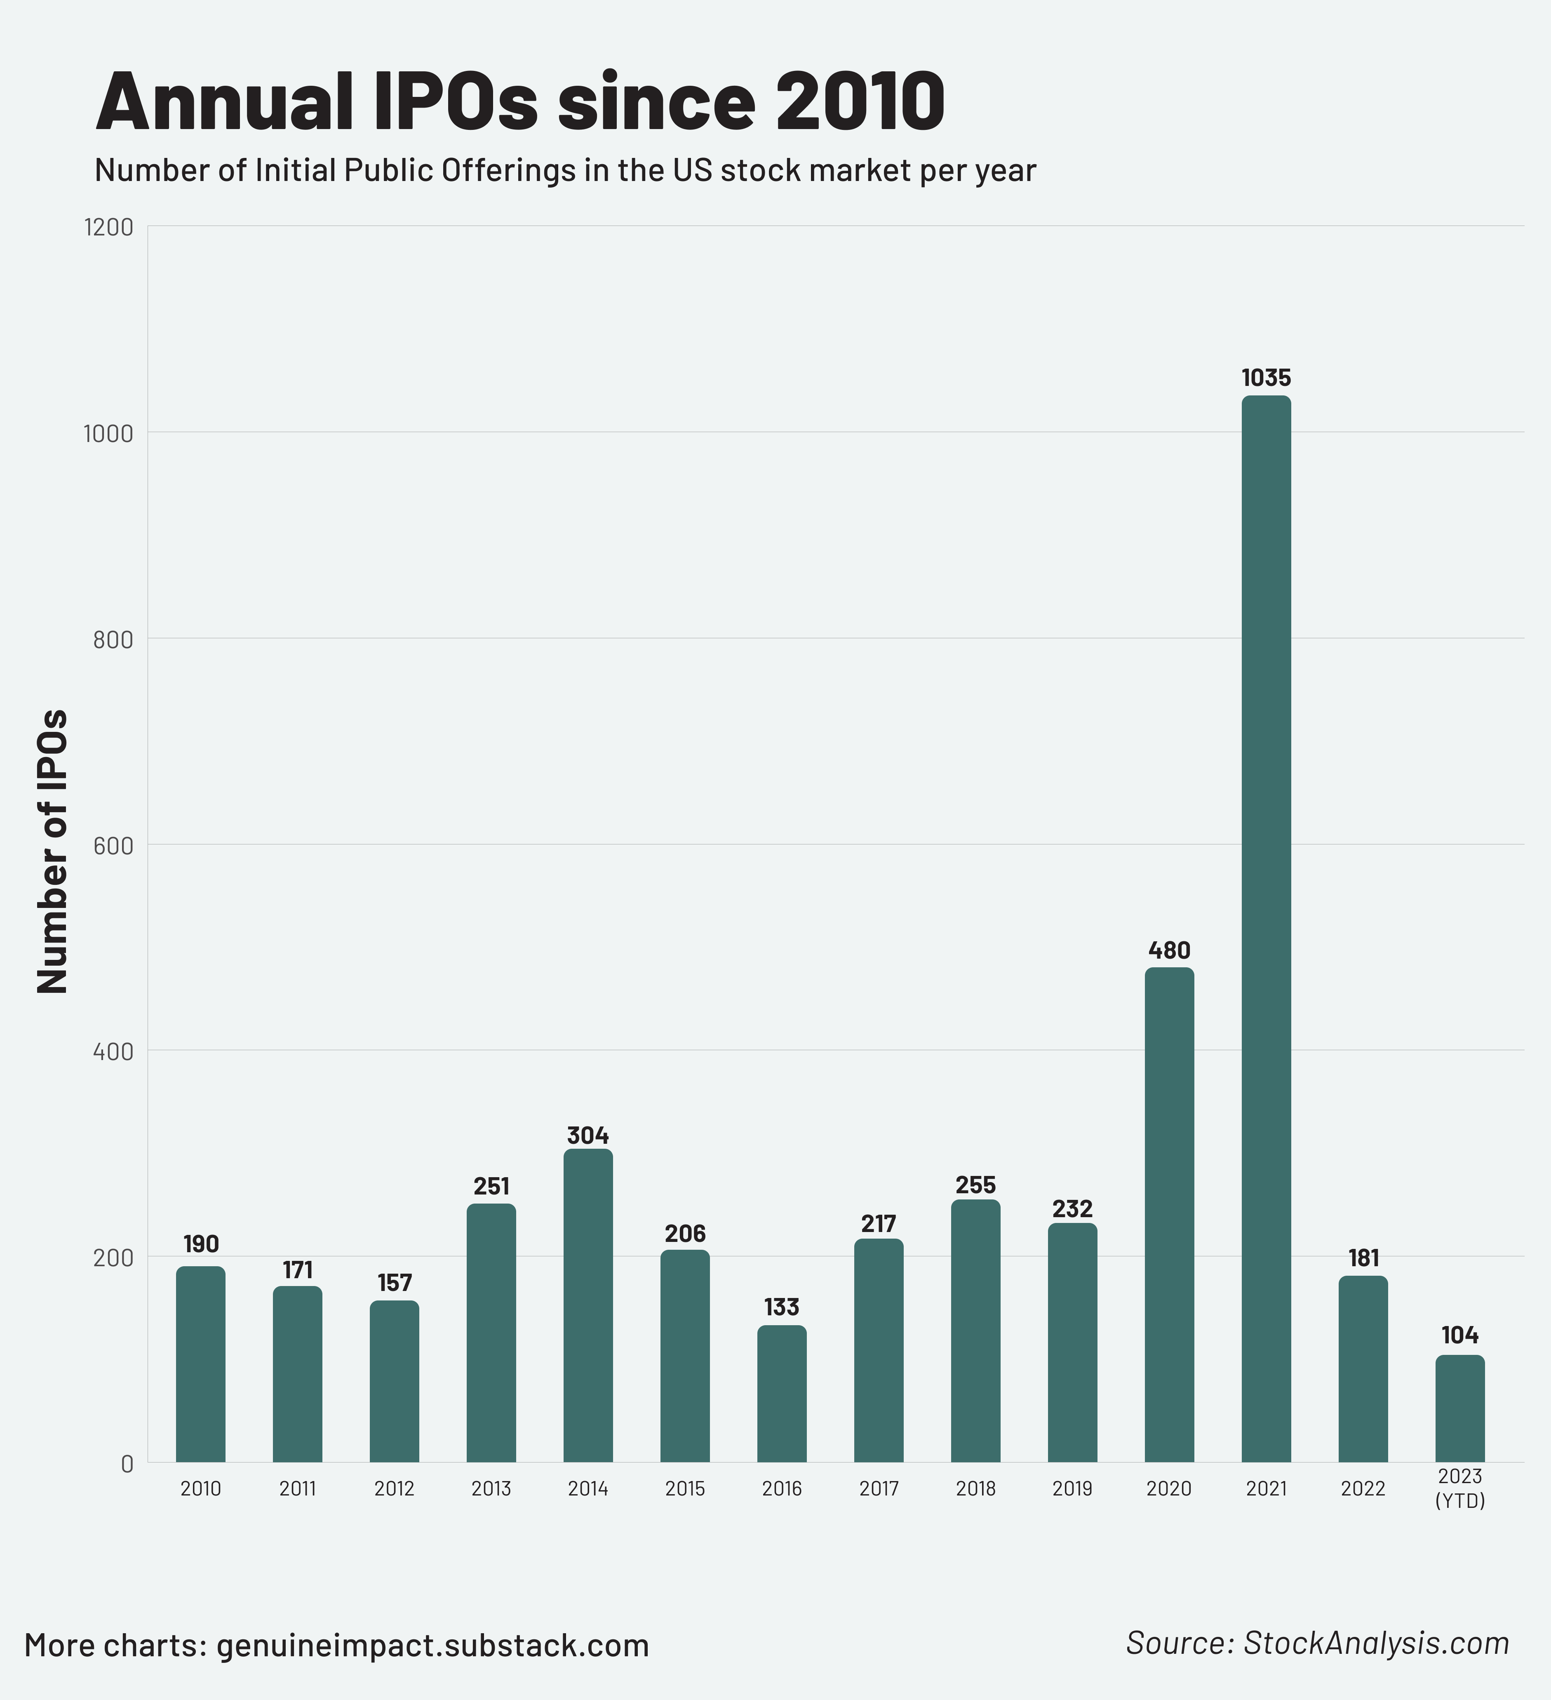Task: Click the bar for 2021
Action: click(1266, 928)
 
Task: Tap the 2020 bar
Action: click(1169, 1214)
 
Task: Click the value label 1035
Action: click(1266, 378)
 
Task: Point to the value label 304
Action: click(588, 1135)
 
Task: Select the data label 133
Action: click(782, 1307)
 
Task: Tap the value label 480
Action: click(1169, 950)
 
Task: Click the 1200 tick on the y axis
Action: click(109, 227)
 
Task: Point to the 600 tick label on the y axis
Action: click(113, 846)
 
